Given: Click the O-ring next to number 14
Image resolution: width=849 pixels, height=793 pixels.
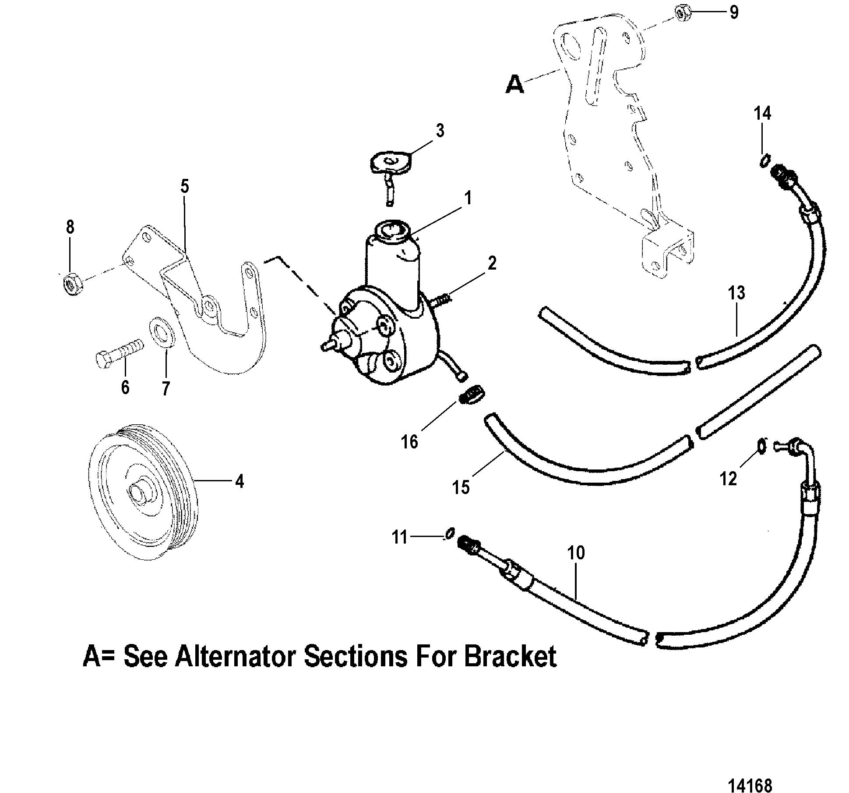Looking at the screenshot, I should click(763, 161).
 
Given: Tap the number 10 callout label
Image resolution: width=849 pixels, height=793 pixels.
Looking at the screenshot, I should click(576, 553).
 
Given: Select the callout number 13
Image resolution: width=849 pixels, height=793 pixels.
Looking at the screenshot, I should click(736, 293).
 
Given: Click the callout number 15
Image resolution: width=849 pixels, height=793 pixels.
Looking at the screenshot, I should click(461, 487).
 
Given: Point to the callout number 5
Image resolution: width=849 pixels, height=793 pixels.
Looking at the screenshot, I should click(184, 187).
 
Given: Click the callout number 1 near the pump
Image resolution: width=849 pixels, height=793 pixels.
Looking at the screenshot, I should click(468, 198).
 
